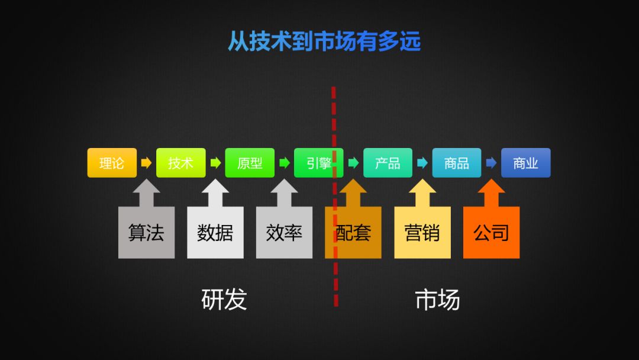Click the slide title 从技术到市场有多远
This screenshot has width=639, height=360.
pos(324,42)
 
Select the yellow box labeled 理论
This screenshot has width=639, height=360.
pos(112,163)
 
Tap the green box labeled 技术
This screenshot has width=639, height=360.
pos(180,163)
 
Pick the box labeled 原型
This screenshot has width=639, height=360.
pos(250,163)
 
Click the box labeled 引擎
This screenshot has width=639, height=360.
pos(318,163)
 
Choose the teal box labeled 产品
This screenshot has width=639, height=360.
pos(388,163)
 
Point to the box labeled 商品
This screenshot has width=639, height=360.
pos(457,163)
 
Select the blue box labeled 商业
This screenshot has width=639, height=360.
pos(525,163)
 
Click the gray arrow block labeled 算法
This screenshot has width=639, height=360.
pos(146,232)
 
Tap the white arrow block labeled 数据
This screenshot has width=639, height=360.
pos(215,232)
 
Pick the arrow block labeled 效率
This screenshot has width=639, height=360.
pos(284,232)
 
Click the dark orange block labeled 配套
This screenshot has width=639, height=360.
pos(353,232)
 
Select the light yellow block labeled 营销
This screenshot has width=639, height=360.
pos(422,232)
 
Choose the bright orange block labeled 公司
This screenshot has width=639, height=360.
pos(491,232)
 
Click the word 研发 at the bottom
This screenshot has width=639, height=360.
pos(224,300)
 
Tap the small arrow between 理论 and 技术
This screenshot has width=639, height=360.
pos(146,163)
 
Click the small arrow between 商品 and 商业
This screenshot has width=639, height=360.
pos(491,163)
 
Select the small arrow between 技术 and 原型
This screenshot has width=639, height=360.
pos(215,163)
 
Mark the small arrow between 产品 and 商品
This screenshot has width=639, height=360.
pos(422,163)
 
